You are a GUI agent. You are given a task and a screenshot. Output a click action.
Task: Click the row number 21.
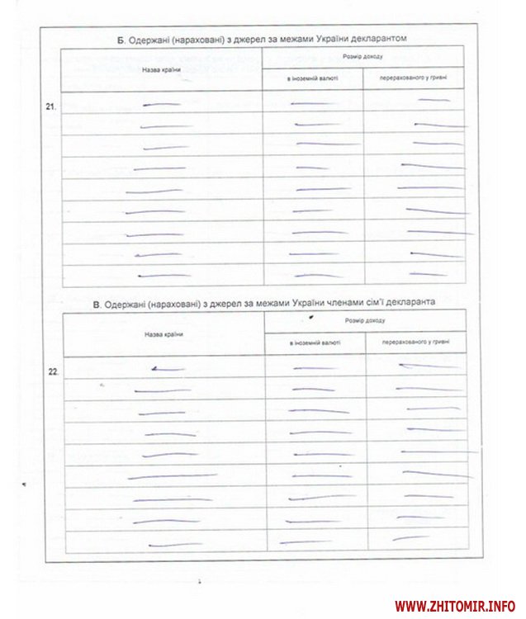click(50, 106)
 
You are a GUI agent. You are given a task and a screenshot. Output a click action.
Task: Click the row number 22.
click(52, 371)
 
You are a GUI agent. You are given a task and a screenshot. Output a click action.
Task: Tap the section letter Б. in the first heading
click(121, 39)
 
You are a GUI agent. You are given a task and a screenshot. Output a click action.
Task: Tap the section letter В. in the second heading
click(97, 303)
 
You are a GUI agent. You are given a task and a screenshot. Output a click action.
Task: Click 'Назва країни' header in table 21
click(161, 69)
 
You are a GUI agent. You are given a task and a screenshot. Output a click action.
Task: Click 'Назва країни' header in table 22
click(163, 334)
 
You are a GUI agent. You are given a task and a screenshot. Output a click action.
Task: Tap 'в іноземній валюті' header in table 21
click(313, 79)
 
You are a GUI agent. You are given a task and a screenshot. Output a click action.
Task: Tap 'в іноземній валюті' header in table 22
click(315, 343)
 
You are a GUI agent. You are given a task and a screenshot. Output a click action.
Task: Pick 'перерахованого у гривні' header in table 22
click(415, 343)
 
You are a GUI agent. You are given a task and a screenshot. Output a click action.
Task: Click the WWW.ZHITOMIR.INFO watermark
click(457, 604)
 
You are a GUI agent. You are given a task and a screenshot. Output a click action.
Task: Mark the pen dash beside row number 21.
click(161, 105)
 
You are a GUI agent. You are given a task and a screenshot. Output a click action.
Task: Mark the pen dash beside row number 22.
click(168, 368)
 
